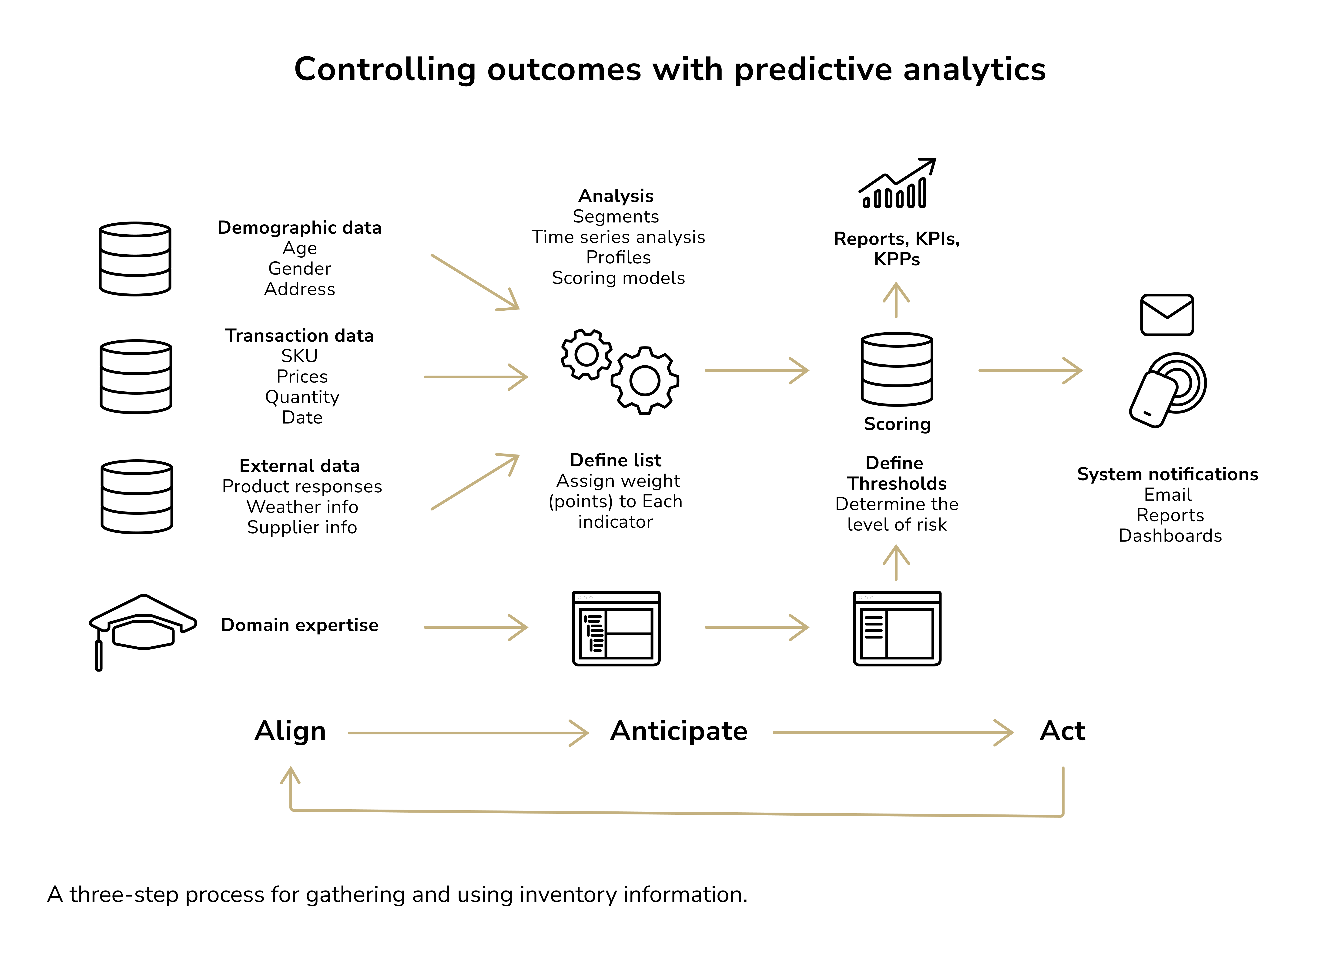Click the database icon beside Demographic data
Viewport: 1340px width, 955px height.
135,259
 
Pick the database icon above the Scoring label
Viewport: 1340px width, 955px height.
896,369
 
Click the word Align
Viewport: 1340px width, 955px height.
290,731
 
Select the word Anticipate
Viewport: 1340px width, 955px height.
679,731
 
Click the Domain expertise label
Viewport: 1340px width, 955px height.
300,625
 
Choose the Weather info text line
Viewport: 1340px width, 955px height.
302,507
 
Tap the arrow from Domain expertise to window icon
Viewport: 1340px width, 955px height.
476,627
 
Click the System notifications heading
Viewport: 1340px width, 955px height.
1167,474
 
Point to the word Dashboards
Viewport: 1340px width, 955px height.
1169,536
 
